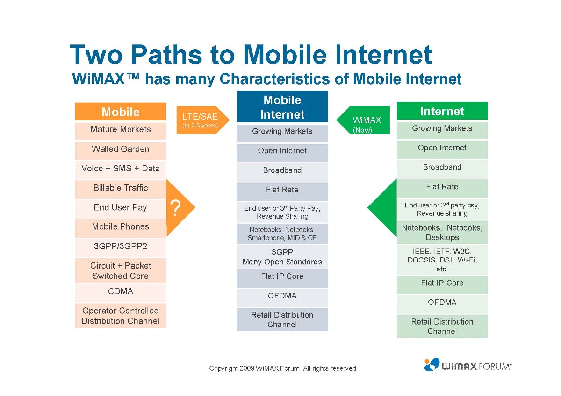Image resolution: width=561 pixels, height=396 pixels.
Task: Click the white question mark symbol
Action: coord(175,208)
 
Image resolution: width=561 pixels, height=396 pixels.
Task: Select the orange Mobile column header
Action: coord(121,112)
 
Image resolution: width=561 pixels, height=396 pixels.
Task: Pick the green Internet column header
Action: coord(442,111)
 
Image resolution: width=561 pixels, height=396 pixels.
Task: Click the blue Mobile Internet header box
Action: coord(282,106)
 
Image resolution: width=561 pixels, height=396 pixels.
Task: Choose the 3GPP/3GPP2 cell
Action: coord(121,247)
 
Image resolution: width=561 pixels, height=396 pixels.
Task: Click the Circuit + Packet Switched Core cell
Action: coord(121,271)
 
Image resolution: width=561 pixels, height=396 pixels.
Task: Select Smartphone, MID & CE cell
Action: coord(282,233)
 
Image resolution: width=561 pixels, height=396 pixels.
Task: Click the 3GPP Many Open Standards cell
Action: coord(282,257)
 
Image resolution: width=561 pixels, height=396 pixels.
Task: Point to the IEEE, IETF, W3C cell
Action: coord(442,260)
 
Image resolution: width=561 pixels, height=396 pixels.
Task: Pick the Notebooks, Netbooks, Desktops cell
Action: coord(442,233)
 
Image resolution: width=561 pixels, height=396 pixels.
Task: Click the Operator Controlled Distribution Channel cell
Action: coord(121,316)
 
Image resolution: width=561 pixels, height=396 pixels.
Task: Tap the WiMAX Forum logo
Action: coord(467,365)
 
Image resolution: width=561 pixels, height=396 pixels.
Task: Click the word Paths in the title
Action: coord(166,55)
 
